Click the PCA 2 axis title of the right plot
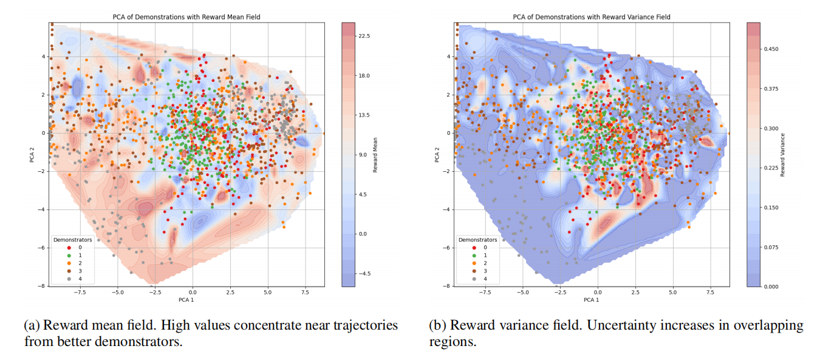click(x=437, y=154)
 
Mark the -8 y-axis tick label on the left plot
click(x=43, y=286)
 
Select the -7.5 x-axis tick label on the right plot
click(x=484, y=292)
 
